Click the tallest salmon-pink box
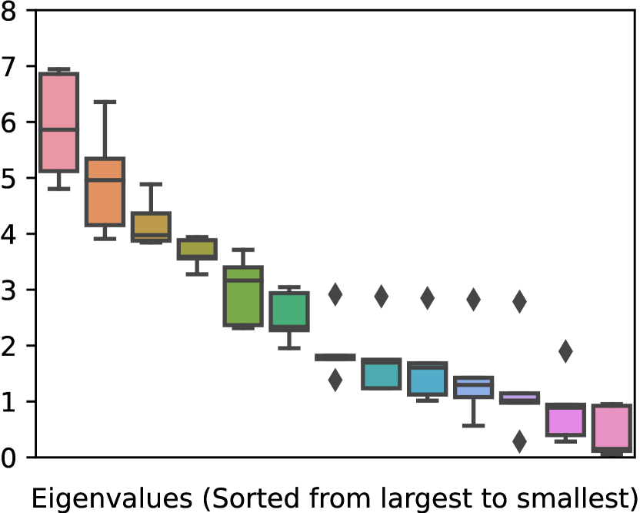tap(58, 101)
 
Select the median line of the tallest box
tap(58, 129)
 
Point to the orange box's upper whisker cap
tap(105, 102)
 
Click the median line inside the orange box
tap(105, 179)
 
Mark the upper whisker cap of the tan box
tap(151, 184)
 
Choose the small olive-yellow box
tap(197, 248)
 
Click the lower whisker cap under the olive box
tap(197, 273)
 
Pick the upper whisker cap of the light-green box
tap(243, 250)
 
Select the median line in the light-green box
tap(243, 280)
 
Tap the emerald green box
tap(289, 311)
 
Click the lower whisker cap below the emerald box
tap(289, 348)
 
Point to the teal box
tap(382, 375)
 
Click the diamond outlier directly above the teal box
tap(382, 296)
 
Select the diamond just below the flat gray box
tap(335, 380)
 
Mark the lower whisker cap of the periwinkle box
tap(473, 425)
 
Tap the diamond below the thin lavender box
tap(519, 441)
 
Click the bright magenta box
tap(565, 421)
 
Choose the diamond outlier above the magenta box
tap(565, 351)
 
